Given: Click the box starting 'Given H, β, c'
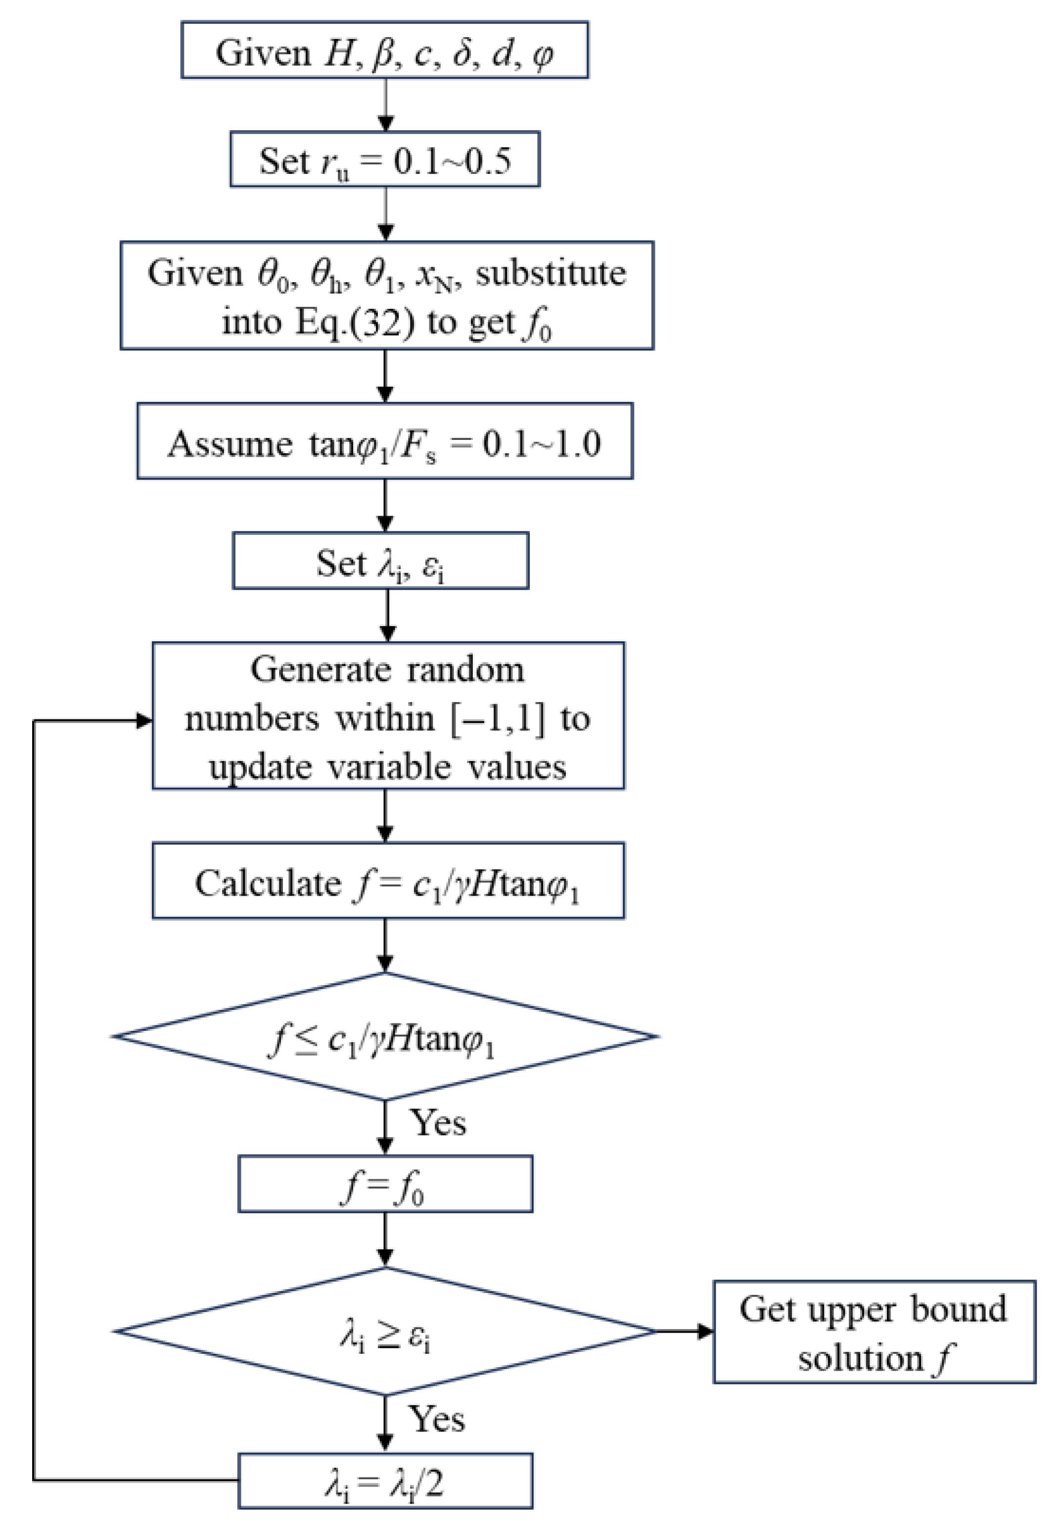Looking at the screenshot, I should [384, 50].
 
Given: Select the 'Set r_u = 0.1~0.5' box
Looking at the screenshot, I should [384, 160].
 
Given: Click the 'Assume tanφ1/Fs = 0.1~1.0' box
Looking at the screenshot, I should [384, 441].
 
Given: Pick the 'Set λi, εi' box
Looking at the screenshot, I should [380, 561].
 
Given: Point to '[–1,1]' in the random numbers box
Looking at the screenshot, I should [497, 719].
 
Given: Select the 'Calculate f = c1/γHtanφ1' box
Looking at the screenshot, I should [388, 881].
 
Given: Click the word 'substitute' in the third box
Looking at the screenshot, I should [551, 273].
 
